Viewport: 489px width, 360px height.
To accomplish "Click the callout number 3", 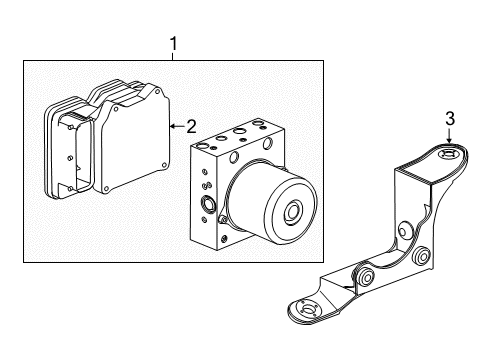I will click(x=450, y=119).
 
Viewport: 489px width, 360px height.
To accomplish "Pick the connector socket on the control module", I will click(x=64, y=150).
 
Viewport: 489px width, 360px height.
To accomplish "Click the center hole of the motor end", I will click(x=295, y=214).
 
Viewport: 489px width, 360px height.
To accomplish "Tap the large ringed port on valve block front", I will click(x=209, y=206).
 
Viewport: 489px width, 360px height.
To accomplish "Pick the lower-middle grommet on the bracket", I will click(x=366, y=274).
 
